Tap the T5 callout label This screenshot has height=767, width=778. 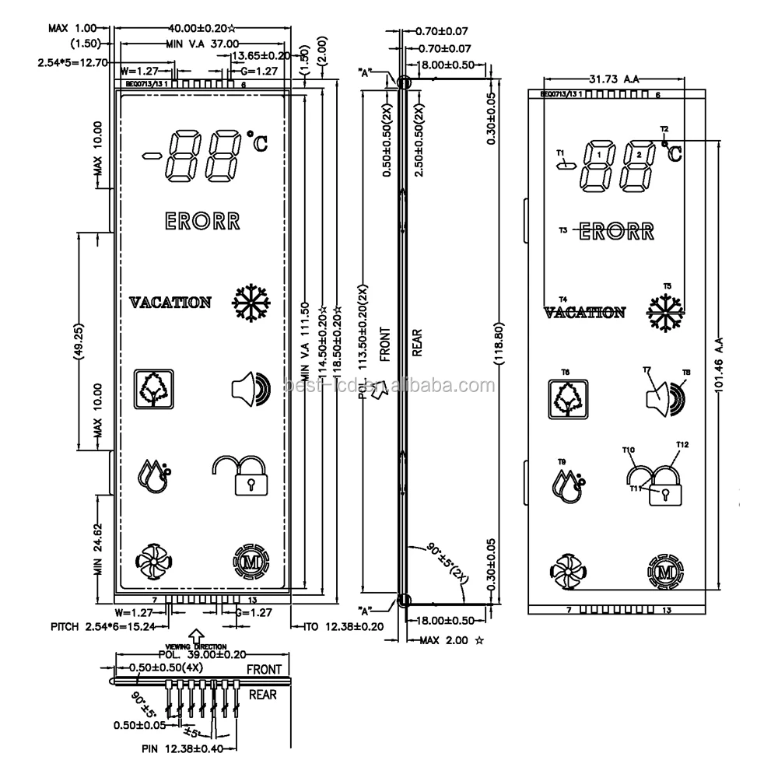pos(666,286)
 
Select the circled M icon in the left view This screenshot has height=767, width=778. pos(251,561)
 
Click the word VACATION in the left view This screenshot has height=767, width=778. pos(170,302)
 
